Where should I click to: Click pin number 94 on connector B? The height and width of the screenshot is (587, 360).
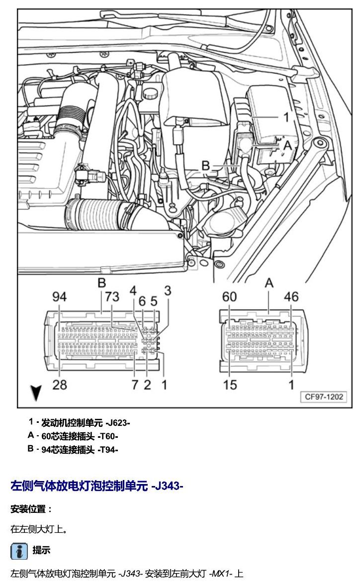click(x=60, y=297)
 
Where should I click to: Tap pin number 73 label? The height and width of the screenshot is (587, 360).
click(x=112, y=297)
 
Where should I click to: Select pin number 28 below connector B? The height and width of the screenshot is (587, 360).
click(x=60, y=385)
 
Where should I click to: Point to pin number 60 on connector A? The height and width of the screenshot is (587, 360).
click(x=229, y=297)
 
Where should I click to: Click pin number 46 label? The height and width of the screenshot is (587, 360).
click(x=291, y=297)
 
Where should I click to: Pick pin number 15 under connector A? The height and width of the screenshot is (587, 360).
click(x=230, y=385)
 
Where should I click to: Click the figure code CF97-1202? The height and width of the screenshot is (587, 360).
click(x=324, y=397)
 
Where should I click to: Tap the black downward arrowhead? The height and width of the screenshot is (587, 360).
click(x=36, y=392)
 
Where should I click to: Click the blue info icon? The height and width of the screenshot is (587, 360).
click(x=19, y=551)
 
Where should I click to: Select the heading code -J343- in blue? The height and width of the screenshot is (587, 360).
click(x=167, y=486)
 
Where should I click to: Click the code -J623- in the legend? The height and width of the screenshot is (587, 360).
click(x=117, y=423)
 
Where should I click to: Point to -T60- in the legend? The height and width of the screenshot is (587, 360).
click(x=108, y=436)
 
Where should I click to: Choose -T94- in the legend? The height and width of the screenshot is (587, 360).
click(x=108, y=450)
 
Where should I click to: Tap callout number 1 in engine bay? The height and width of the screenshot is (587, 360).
click(x=286, y=117)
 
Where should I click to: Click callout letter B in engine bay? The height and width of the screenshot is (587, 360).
click(x=205, y=166)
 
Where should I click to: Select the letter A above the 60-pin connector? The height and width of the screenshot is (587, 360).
click(x=269, y=284)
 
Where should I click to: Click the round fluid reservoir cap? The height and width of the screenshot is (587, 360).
click(x=150, y=93)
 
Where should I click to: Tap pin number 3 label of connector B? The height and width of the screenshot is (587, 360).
click(x=167, y=291)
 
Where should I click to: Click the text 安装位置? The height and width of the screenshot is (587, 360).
click(x=28, y=509)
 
